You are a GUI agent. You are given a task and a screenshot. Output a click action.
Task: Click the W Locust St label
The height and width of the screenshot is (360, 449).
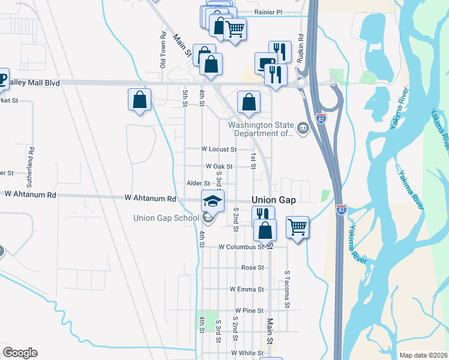tap(218, 149)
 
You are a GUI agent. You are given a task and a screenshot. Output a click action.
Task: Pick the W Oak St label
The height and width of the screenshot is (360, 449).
tap(218, 166)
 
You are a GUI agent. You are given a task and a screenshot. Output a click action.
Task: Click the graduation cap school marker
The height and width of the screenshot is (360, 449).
tap(211, 200)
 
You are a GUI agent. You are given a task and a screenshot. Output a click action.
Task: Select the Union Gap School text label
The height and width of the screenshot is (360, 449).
tap(166, 217)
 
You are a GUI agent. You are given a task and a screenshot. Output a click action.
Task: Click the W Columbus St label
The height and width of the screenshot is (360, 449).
tap(241, 247)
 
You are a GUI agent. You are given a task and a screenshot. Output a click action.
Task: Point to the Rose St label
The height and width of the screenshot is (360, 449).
tap(252, 268)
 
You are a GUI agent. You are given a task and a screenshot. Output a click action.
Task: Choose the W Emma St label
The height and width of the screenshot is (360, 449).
tap(247, 289)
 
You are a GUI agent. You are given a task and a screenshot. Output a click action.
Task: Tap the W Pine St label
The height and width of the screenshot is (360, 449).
tap(249, 310)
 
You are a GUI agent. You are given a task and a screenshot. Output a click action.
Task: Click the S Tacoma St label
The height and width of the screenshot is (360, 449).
tap(288, 289)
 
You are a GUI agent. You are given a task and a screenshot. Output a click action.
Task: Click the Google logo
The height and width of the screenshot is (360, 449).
tap(20, 353)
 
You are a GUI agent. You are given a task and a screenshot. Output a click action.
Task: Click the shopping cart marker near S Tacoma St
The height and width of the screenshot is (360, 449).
tap(297, 227)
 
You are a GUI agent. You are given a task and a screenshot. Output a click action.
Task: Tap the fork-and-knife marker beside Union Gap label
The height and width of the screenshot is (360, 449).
tap(263, 214)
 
